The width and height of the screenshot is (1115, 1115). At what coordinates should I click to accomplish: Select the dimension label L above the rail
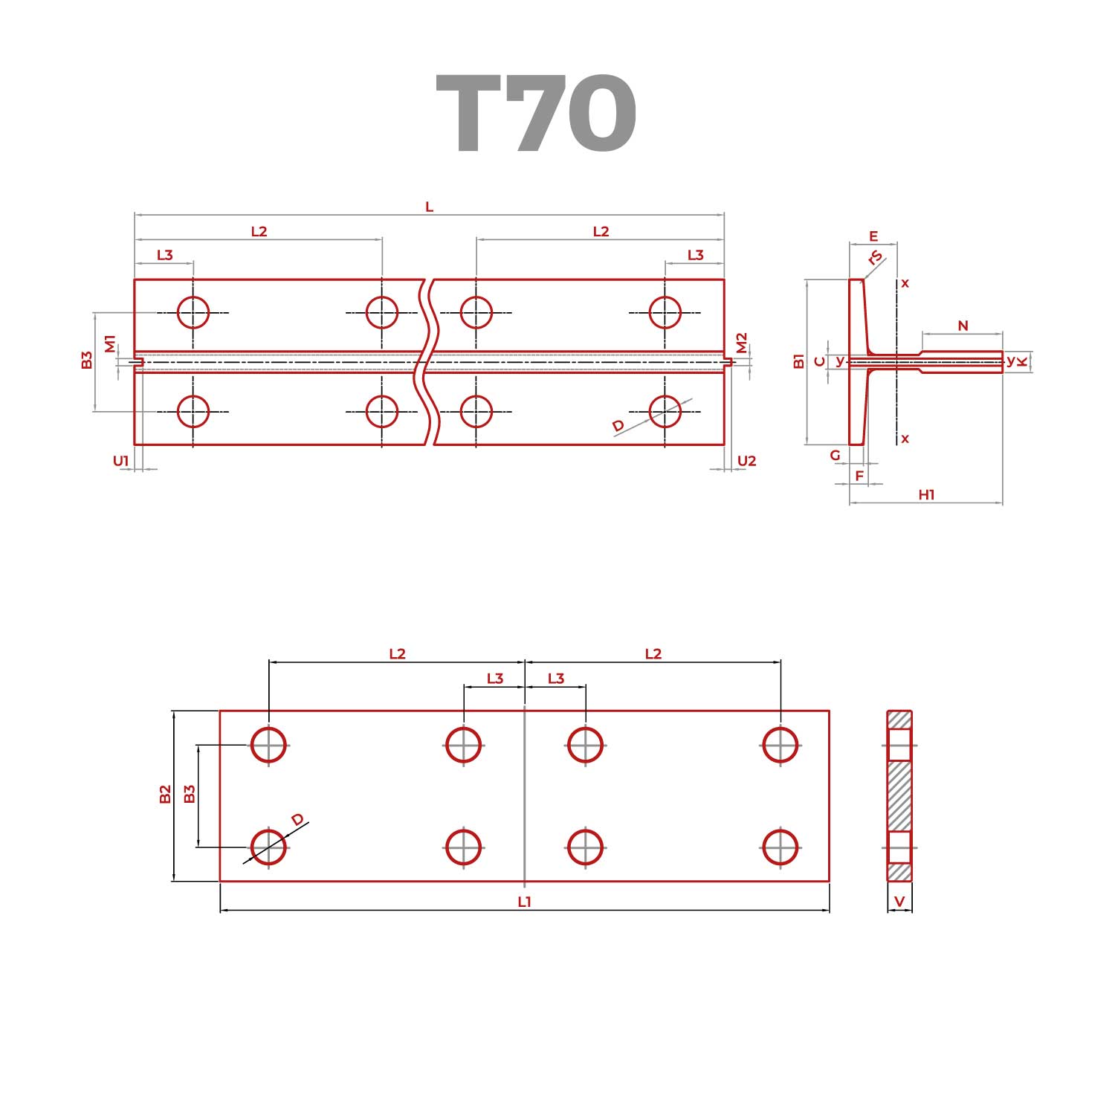(429, 207)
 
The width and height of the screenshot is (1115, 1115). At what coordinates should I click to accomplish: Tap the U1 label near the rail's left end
(121, 461)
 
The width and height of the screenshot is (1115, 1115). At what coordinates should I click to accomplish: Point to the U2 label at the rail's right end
(746, 461)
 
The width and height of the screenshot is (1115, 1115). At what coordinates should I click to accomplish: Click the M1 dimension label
(110, 344)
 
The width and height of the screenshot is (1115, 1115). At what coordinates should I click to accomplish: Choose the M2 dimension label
(741, 343)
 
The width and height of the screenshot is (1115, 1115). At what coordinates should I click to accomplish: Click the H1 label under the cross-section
(926, 494)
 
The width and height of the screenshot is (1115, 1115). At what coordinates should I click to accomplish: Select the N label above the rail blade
(963, 326)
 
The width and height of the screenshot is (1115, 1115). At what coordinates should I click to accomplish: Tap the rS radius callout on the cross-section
(876, 257)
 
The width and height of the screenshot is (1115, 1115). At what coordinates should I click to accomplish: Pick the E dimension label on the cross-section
(873, 236)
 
